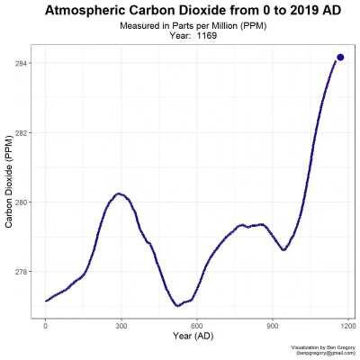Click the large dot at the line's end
click(340, 57)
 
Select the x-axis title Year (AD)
click(197, 337)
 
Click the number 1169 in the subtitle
click(208, 37)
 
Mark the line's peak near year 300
click(118, 193)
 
